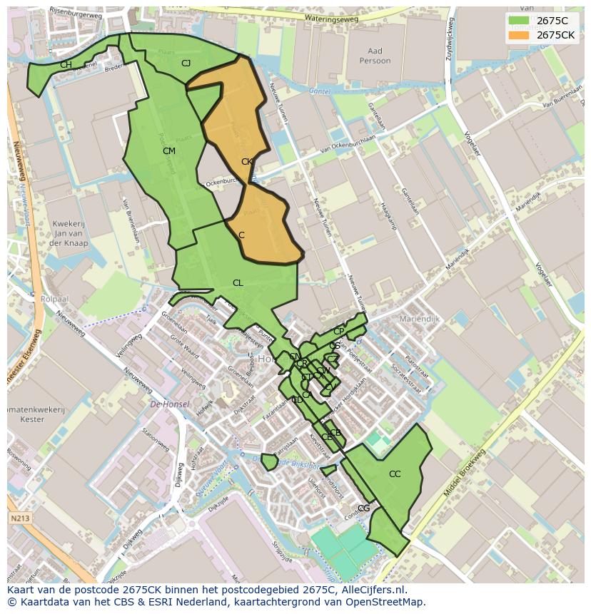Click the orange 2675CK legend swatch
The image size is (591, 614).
point(519,35)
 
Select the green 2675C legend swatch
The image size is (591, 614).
point(519,21)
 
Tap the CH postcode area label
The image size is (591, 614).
point(66,65)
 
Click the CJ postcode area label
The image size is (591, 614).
point(186,63)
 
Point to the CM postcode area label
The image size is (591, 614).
point(169,151)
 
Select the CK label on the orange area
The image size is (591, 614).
point(247,162)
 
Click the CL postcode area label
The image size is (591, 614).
point(238,283)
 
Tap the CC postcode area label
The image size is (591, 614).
point(395,474)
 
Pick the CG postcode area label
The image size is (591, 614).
point(364,508)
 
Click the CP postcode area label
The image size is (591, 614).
point(338,332)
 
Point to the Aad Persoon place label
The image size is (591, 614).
point(375,56)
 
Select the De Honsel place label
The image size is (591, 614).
point(170,404)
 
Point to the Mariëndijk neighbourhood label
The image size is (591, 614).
point(420,319)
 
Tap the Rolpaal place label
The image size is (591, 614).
point(54,299)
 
